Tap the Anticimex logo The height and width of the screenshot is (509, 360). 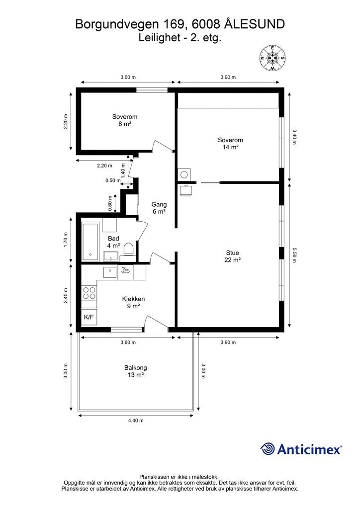(301, 449)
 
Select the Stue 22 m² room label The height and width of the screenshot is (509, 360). (232, 256)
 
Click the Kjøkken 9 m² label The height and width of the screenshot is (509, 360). (133, 302)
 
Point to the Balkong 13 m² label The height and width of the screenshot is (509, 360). (136, 371)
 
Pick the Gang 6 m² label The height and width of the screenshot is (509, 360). (159, 208)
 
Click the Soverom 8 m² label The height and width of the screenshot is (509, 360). (125, 120)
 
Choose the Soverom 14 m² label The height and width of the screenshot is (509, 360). (230, 144)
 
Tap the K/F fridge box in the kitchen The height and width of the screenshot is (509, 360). (89, 317)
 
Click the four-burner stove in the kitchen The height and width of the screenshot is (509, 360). (89, 293)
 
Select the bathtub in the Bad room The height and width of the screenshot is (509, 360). (90, 242)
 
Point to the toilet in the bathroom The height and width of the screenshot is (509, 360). (129, 250)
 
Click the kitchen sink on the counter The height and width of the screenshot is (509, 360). (110, 272)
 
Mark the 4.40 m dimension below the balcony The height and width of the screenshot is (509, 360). (136, 421)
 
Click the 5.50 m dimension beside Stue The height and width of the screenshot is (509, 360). (294, 255)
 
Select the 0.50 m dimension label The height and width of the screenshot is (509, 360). (113, 180)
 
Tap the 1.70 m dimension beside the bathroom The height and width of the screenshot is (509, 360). (66, 240)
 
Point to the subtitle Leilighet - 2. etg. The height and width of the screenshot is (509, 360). (180, 38)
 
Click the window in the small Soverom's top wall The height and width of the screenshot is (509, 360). (152, 90)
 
